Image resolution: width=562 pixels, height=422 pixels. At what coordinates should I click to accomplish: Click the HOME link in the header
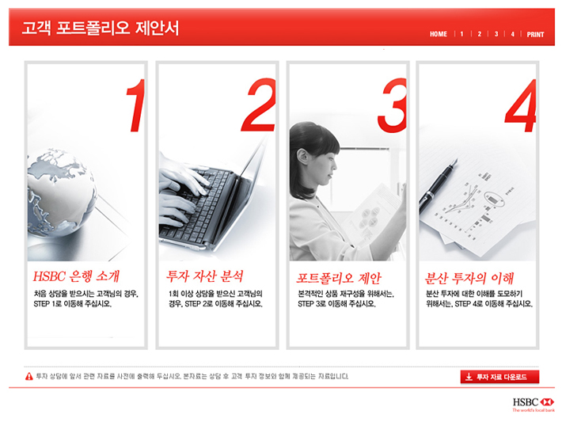pyautogui.click(x=438, y=34)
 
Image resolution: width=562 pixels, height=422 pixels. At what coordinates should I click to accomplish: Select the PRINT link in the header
pyautogui.click(x=535, y=34)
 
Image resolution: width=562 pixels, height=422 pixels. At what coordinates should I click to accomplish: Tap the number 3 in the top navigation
pyautogui.click(x=496, y=34)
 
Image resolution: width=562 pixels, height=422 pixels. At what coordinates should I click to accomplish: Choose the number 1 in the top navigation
pyautogui.click(x=461, y=34)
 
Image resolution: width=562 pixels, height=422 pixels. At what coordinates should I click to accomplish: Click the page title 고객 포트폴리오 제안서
pyautogui.click(x=101, y=28)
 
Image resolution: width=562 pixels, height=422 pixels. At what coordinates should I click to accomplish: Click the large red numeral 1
pyautogui.click(x=135, y=105)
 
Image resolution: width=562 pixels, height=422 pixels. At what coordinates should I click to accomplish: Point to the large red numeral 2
pyautogui.click(x=258, y=105)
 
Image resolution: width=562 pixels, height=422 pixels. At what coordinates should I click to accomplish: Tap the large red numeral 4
pyautogui.click(x=520, y=105)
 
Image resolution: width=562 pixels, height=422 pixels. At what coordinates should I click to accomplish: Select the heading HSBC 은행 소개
pyautogui.click(x=76, y=276)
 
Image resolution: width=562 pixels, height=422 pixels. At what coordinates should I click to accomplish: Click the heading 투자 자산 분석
pyautogui.click(x=204, y=276)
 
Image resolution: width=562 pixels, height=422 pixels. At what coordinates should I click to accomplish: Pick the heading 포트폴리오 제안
pyautogui.click(x=339, y=278)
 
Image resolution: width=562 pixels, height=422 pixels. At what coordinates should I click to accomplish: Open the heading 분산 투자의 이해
pyautogui.click(x=469, y=278)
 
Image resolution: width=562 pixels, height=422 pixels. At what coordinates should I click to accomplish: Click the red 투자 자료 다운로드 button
pyautogui.click(x=499, y=377)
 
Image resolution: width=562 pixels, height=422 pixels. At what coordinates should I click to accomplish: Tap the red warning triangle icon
pyautogui.click(x=29, y=376)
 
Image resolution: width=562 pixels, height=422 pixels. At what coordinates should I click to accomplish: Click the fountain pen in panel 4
pyautogui.click(x=437, y=186)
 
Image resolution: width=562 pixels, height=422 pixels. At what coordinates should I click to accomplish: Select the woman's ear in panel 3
pyautogui.click(x=302, y=157)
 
